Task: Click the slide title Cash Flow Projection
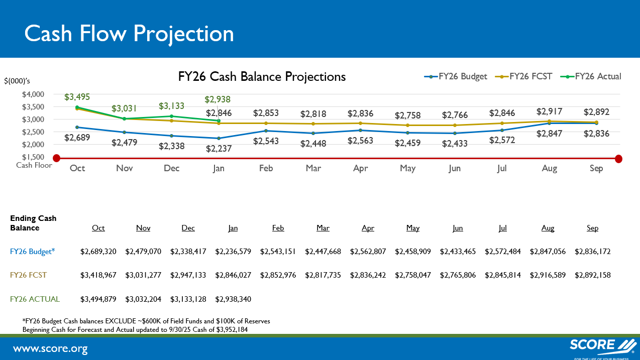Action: point(129,34)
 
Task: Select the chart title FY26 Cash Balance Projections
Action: point(262,77)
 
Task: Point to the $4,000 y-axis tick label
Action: point(33,94)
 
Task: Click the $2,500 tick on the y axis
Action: point(33,132)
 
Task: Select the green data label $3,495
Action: point(77,97)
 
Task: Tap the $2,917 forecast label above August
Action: point(549,111)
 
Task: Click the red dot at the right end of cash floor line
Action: point(618,159)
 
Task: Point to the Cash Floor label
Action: point(34,165)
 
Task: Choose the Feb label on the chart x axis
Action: point(266,168)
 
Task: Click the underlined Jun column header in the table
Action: point(458,228)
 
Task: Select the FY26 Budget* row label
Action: point(32,252)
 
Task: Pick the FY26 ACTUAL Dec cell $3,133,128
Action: point(188,299)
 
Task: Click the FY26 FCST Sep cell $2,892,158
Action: point(592,275)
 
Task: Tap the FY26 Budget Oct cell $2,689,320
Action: point(98,252)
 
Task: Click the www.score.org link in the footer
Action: point(50,348)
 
